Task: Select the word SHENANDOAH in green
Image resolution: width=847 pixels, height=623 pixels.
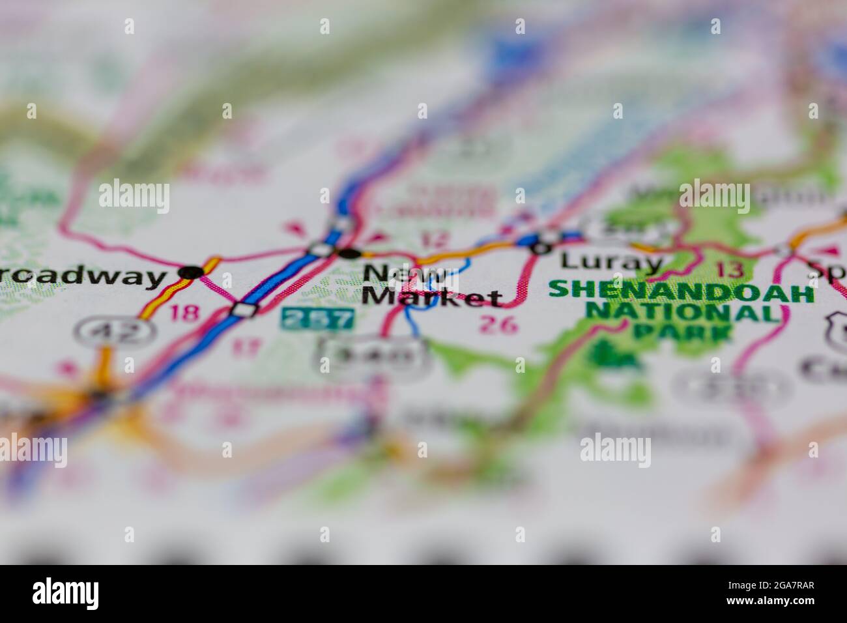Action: click(681, 291)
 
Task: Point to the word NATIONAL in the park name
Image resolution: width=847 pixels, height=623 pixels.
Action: click(682, 313)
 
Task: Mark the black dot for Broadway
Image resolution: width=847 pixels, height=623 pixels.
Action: click(190, 272)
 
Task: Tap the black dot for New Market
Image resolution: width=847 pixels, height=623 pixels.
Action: click(351, 253)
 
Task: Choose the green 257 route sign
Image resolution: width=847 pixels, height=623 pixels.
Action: click(318, 319)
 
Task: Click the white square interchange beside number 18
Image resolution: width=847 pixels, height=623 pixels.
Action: click(245, 310)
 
